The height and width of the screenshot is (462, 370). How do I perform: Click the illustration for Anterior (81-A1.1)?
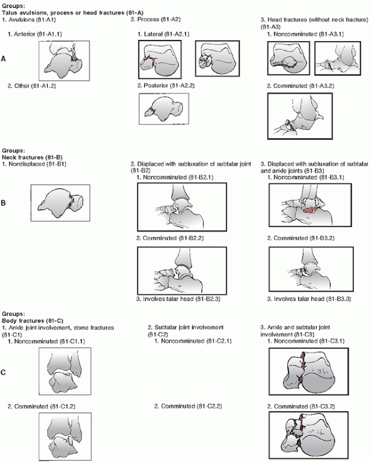click(x=64, y=61)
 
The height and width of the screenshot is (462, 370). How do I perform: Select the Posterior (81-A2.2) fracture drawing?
click(x=164, y=109)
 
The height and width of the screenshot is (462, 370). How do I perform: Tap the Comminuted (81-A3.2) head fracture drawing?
click(x=300, y=116)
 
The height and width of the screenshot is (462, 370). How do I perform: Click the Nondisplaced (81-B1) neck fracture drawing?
click(x=60, y=203)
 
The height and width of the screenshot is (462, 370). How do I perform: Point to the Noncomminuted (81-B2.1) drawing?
click(x=182, y=207)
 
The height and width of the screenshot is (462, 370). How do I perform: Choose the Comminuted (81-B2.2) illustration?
click(x=182, y=270)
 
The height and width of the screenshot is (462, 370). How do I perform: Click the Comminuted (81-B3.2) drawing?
click(x=311, y=269)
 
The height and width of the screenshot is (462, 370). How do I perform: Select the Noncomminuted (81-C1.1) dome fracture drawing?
click(x=65, y=371)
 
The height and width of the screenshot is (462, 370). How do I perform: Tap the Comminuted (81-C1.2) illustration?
click(x=65, y=437)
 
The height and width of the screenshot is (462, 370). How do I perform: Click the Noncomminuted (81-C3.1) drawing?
click(x=308, y=371)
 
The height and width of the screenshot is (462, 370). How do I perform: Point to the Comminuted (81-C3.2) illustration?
click(x=308, y=435)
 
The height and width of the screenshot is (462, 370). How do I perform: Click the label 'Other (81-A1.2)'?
click(x=32, y=86)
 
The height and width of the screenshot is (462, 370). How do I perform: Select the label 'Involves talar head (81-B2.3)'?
click(x=178, y=298)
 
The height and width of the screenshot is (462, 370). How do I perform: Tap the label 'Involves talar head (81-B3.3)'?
click(x=309, y=298)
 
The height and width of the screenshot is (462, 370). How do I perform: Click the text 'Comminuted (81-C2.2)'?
click(x=188, y=406)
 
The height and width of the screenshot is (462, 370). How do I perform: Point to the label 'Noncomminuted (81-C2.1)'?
click(x=193, y=341)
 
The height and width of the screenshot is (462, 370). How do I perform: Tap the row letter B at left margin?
click(x=3, y=203)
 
